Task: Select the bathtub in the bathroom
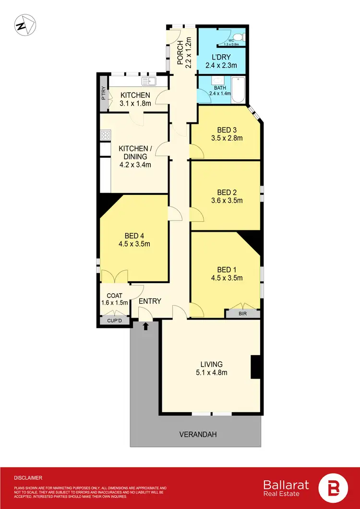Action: click(x=239, y=89)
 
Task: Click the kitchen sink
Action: click(x=149, y=82)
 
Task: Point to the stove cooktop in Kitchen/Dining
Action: click(x=105, y=136)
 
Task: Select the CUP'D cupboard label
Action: click(x=115, y=320)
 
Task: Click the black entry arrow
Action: click(x=145, y=326)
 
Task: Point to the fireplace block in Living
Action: click(x=255, y=367)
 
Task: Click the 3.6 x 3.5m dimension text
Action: click(x=227, y=201)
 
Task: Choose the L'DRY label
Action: click(x=222, y=57)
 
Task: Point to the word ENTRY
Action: click(x=150, y=301)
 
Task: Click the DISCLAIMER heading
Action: click(x=28, y=478)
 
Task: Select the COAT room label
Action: click(x=114, y=296)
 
